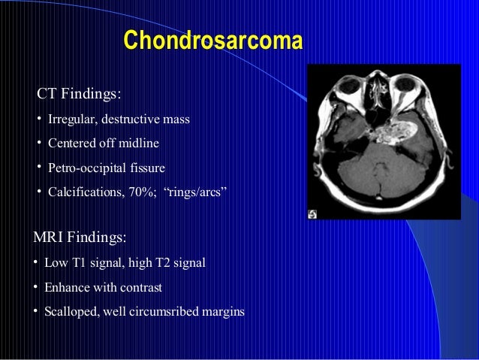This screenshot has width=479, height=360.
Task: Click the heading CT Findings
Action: (79, 95)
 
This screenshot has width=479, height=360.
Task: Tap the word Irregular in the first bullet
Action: (70, 119)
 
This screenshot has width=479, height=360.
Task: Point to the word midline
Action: (142, 143)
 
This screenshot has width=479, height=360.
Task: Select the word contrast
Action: (142, 287)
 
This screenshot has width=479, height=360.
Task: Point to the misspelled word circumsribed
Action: (168, 311)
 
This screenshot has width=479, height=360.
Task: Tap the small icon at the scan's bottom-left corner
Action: (313, 213)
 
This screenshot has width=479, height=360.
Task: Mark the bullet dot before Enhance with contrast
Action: (36, 287)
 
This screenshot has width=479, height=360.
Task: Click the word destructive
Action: (126, 119)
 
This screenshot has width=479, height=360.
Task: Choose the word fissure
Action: (146, 167)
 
